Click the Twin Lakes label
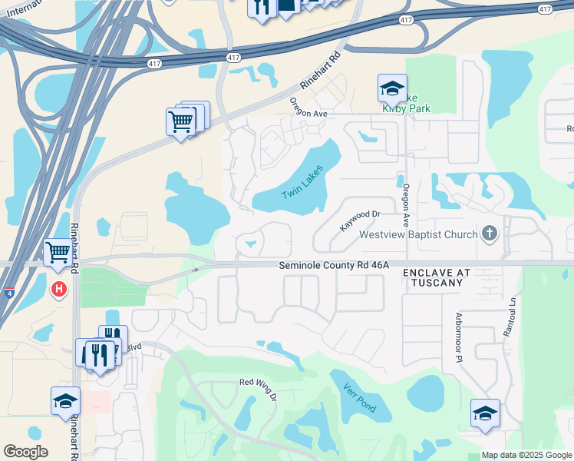302,184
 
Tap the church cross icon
489,234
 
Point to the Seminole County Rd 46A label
334,264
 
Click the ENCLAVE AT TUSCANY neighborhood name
433,278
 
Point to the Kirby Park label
407,108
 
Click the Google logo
25,452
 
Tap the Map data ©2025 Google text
526,455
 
